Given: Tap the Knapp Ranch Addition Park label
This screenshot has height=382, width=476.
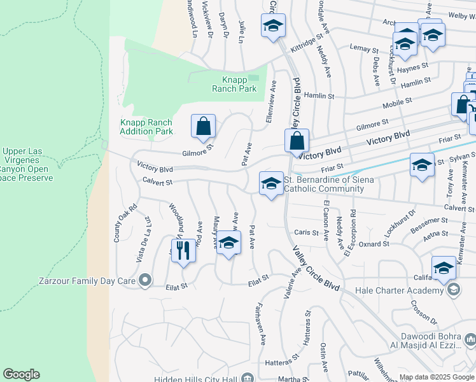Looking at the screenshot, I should pyautogui.click(x=146, y=127).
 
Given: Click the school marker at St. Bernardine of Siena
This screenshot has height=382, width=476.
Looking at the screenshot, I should pyautogui.click(x=271, y=184).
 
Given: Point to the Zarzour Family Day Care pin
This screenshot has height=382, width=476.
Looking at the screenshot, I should pyautogui.click(x=146, y=279).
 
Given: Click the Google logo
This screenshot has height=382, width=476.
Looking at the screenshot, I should pyautogui.click(x=21, y=374).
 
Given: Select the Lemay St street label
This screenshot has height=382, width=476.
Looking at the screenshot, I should pyautogui.click(x=363, y=48).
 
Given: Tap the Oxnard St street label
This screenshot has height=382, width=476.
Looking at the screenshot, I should pyautogui.click(x=374, y=244).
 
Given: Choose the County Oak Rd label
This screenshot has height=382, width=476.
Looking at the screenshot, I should pyautogui.click(x=117, y=223).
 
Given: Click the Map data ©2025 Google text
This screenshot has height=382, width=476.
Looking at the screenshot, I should pyautogui.click(x=436, y=377).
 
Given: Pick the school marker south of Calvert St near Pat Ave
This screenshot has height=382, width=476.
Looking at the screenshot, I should pyautogui.click(x=229, y=243).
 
